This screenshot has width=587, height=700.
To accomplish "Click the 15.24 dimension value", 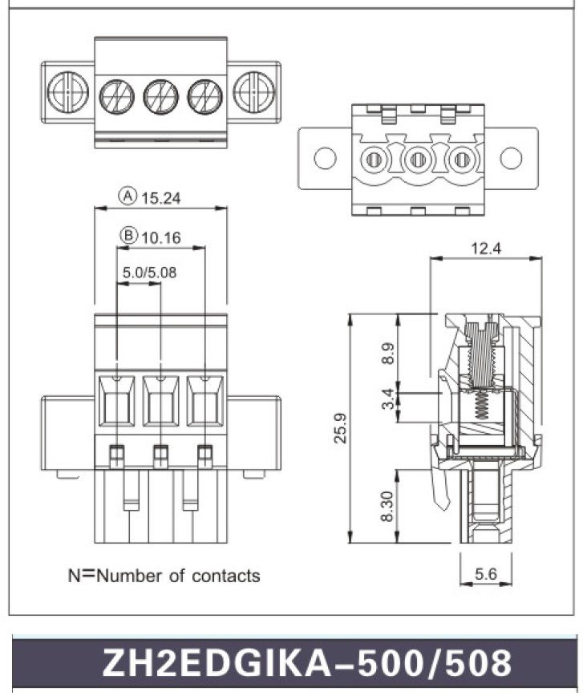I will [161, 196].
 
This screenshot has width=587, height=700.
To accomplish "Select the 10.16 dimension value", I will [161, 237].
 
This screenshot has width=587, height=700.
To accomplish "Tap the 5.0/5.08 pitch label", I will [149, 272].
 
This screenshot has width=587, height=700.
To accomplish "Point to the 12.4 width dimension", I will [485, 249].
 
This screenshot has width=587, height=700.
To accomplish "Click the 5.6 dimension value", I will [486, 574].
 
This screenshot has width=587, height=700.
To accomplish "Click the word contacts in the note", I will [225, 576].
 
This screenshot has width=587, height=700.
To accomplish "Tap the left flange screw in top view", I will [67, 91].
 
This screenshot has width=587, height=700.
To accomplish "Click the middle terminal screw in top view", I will [160, 97].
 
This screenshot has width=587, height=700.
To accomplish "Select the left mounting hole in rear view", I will [325, 158].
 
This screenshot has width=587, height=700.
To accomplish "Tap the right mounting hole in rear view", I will [511, 158].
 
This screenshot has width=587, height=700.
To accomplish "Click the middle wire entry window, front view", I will [160, 401].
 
